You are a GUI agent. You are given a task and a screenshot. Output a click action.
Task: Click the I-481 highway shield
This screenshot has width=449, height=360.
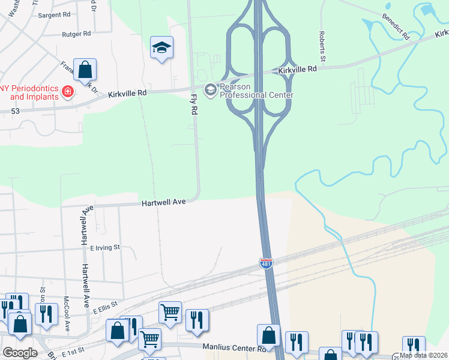point(267,263)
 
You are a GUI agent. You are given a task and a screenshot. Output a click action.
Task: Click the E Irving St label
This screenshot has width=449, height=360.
point(105,247)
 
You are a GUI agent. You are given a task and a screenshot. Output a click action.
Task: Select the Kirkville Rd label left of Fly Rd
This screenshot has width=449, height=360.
point(128,94)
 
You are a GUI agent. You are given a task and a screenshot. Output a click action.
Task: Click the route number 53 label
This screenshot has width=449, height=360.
point(15,111)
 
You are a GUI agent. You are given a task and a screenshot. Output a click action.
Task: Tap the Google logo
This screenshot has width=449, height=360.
point(20,353)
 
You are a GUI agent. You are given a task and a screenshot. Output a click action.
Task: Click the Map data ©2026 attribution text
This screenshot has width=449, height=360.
point(424,355)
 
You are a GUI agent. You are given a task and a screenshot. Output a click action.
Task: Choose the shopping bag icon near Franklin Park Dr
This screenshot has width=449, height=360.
point(85,70)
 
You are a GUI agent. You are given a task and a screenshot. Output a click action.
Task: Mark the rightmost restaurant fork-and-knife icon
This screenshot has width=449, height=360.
point(414,346)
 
